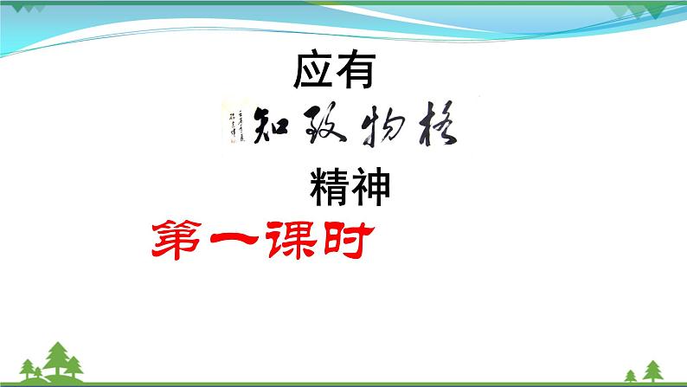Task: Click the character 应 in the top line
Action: (314, 72)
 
